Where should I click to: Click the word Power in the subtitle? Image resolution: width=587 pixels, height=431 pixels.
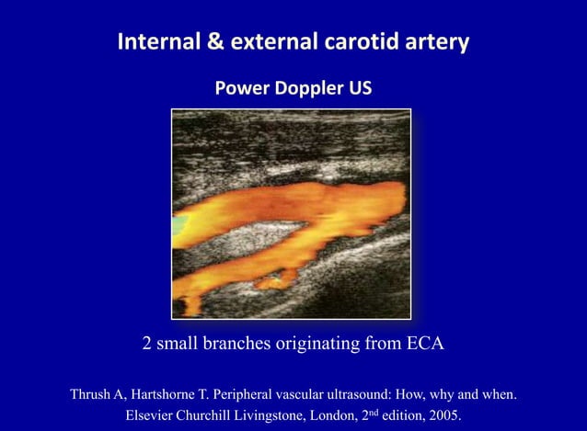[239, 89]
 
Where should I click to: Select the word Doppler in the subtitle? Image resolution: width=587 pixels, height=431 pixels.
[305, 89]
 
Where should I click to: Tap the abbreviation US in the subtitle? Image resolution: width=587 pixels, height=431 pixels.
[360, 89]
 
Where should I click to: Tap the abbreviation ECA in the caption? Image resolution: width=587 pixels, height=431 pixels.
[425, 346]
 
